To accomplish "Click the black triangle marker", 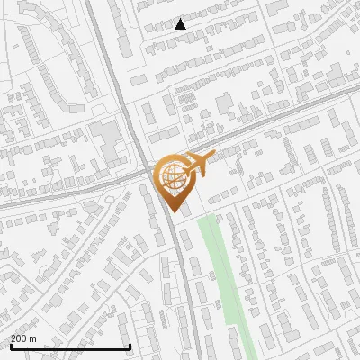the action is tap(181, 24).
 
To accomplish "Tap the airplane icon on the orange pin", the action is tap(198, 163).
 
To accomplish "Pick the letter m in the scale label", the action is tap(32, 338).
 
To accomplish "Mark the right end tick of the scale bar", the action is tap(130, 346).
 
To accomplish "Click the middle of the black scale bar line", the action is tap(69, 347).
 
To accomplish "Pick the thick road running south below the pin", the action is tap(180, 270).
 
